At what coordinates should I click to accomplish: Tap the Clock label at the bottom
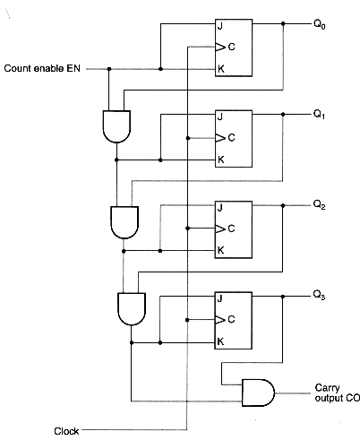[66, 431]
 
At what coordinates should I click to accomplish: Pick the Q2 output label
[320, 205]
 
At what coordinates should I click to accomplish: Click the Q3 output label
[320, 295]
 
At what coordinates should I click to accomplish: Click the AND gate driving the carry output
[257, 389]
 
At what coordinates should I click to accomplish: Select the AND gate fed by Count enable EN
[116, 127]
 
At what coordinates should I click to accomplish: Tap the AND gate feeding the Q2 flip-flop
[120, 220]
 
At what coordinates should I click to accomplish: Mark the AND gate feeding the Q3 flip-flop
[131, 309]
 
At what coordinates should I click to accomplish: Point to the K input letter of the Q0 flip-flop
[220, 68]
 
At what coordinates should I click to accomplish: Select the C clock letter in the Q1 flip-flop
[231, 137]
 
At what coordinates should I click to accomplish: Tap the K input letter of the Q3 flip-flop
[220, 341]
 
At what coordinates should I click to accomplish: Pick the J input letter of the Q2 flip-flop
[220, 207]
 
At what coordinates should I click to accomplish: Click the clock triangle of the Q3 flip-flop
[219, 319]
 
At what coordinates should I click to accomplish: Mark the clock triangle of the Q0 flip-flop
[219, 46]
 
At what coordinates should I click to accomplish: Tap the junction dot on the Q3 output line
[283, 295]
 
